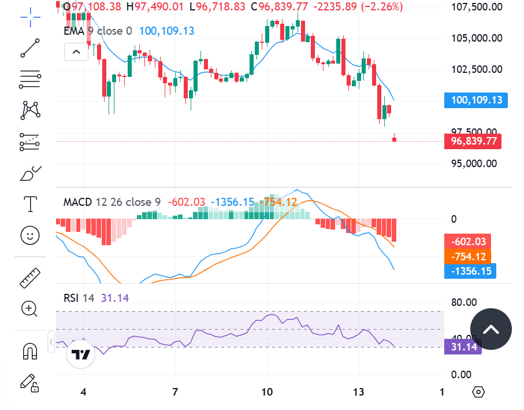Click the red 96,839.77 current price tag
point(473,141)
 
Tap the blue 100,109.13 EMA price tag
point(476,100)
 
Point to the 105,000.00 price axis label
point(476,38)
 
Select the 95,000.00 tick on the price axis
point(474,163)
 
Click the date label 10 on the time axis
point(267,392)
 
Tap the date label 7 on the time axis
point(175,392)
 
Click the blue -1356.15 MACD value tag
point(470,271)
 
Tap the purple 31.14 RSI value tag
point(462,346)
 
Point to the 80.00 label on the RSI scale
point(464,302)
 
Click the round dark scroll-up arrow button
point(490,330)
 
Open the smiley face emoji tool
point(29,235)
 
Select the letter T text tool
point(29,204)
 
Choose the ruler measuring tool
point(29,278)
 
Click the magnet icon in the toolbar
point(29,350)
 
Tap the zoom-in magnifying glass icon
point(29,308)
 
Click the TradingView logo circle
point(81,354)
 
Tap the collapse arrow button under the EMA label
point(76,52)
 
